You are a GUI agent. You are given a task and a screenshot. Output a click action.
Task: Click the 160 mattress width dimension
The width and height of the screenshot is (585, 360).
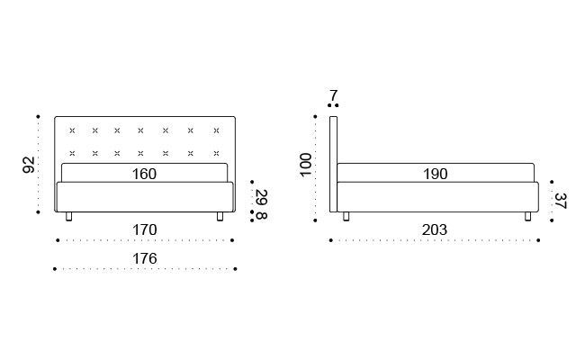click(144, 174)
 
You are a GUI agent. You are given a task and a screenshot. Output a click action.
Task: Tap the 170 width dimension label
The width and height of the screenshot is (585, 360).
click(144, 229)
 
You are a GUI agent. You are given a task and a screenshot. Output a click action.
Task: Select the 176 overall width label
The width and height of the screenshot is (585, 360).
click(144, 258)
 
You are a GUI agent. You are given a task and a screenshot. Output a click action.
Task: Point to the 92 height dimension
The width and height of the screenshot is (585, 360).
click(29, 164)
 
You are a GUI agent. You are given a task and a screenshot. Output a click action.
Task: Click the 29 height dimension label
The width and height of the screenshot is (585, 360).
click(261, 197)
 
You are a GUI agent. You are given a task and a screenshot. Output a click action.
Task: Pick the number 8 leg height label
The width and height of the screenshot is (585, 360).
click(261, 215)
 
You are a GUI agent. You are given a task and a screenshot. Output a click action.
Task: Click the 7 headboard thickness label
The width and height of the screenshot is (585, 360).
click(333, 95)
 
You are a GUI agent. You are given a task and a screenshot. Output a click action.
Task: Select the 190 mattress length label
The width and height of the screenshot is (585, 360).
click(435, 174)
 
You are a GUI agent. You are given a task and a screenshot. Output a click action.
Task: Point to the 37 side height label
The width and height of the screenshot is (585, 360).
click(560, 200)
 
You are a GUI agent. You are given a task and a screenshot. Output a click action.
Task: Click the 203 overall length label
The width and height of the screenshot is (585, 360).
click(435, 229)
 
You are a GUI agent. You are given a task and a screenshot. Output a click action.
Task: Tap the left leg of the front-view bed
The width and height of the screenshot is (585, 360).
click(69, 216)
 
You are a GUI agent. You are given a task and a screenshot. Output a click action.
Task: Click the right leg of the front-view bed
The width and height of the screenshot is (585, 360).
click(220, 216)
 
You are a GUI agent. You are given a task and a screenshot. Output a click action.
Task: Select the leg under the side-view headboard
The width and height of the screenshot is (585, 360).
click(346, 216)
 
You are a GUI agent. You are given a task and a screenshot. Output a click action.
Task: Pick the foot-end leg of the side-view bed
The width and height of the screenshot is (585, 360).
click(528, 216)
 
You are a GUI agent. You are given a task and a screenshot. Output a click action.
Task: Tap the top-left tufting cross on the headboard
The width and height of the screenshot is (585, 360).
click(72, 130)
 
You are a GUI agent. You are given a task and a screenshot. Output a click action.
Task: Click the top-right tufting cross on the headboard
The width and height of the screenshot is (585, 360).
click(216, 130)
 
